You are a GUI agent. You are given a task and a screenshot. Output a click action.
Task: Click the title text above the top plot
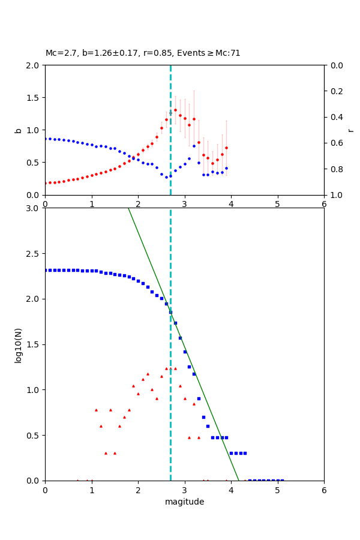pyautogui.click(x=143, y=53)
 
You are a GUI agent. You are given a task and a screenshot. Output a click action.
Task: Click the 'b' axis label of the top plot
pyautogui.click(x=19, y=130)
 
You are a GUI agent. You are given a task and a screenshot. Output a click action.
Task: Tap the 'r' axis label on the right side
pyautogui.click(x=350, y=130)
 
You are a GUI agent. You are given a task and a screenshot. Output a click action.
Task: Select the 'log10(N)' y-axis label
pyautogui.click(x=19, y=344)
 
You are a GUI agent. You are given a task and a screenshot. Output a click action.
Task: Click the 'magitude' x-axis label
pyautogui.click(x=184, y=502)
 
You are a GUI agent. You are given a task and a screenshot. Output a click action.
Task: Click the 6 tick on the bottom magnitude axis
pyautogui.click(x=324, y=490)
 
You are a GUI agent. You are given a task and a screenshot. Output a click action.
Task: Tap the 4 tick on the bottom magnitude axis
pyautogui.click(x=231, y=490)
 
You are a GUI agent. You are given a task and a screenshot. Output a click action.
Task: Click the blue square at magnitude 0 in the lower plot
pyautogui.click(x=46, y=270)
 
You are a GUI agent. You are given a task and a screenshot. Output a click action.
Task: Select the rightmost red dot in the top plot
pyautogui.click(x=226, y=148)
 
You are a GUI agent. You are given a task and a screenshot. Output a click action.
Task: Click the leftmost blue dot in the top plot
pyautogui.click(x=46, y=139)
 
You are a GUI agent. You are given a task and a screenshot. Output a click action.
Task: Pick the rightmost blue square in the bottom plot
pyautogui.click(x=282, y=480)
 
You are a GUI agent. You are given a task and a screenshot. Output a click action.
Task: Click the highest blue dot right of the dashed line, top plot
pyautogui.click(x=194, y=146)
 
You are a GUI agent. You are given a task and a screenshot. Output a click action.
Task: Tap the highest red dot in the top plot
pyautogui.click(x=175, y=110)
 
